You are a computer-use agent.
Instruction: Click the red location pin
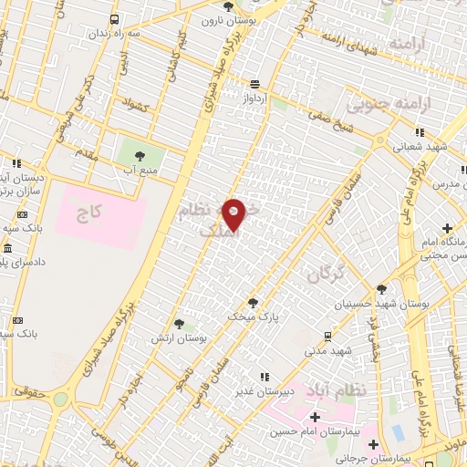click(x=234, y=214)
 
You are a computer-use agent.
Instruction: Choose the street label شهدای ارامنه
click(x=348, y=41)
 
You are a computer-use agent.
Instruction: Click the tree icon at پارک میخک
click(x=254, y=302)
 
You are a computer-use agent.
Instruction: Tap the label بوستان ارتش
click(x=181, y=337)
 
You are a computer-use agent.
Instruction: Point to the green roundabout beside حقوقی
click(x=60, y=399)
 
